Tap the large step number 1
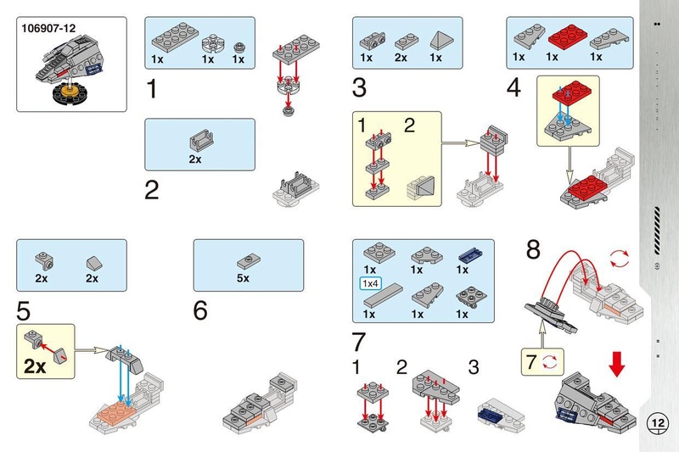[x=152, y=89]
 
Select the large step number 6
[x=200, y=311]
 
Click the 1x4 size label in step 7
[x=370, y=282]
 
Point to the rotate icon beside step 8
[x=620, y=256]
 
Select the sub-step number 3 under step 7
[x=474, y=368]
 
